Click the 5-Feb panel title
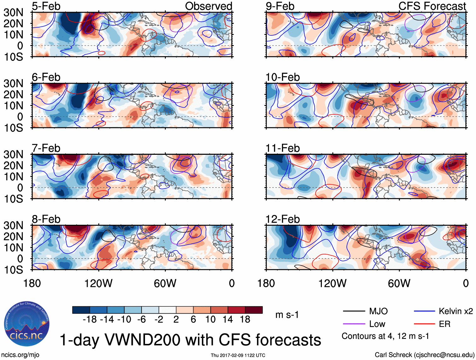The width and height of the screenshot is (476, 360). click(46, 6)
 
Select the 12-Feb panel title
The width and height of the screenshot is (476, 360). click(282, 219)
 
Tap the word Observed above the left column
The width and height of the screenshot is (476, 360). click(208, 6)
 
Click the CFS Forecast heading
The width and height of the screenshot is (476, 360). click(432, 6)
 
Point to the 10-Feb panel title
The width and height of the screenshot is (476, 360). click(282, 77)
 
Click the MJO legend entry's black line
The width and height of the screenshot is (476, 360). click(354, 311)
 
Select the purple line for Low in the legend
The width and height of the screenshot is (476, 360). click(354, 324)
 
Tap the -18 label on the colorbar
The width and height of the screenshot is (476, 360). click(90, 320)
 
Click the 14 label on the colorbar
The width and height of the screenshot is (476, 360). click(228, 320)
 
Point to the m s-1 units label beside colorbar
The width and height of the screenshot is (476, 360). click(287, 315)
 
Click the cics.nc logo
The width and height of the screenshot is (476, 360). click(26, 325)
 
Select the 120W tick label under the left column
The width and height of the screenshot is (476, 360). click(98, 283)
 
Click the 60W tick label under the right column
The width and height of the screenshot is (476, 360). click(399, 283)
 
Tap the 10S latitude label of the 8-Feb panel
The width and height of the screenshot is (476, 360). click(13, 270)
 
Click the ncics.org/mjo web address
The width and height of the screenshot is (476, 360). click(20, 355)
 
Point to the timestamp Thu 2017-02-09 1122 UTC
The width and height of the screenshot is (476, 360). click(238, 355)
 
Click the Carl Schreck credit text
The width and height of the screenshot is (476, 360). click(424, 355)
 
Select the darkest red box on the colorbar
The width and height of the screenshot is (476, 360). click(254, 310)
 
